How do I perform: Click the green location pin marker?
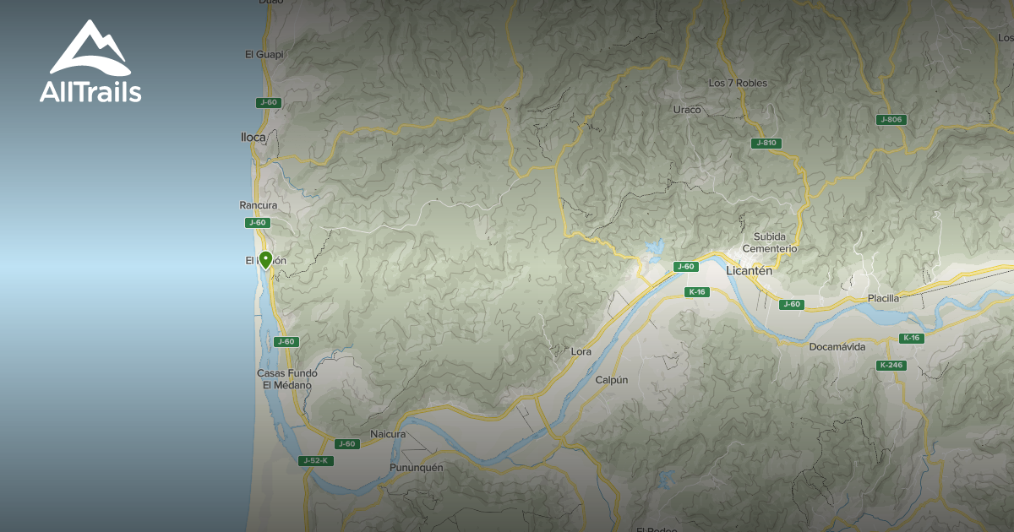pyautogui.click(x=265, y=260)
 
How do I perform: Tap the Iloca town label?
pyautogui.click(x=253, y=136)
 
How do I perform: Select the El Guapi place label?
pyautogui.click(x=264, y=54)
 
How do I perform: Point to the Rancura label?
pyautogui.click(x=259, y=205)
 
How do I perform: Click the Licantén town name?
pyautogui.click(x=750, y=271)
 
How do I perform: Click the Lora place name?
pyautogui.click(x=581, y=350)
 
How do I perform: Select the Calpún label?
pyautogui.click(x=612, y=380)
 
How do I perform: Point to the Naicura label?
pyautogui.click(x=388, y=434)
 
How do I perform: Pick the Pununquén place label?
pyautogui.click(x=417, y=467)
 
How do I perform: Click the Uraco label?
pyautogui.click(x=687, y=110)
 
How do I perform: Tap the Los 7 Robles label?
pyautogui.click(x=738, y=83)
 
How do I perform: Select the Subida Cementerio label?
pyautogui.click(x=770, y=242)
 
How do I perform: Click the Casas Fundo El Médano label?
pyautogui.click(x=287, y=379)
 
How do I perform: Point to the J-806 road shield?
pyautogui.click(x=891, y=120)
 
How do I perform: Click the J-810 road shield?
pyautogui.click(x=765, y=144)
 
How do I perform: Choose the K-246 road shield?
pyautogui.click(x=891, y=366)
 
